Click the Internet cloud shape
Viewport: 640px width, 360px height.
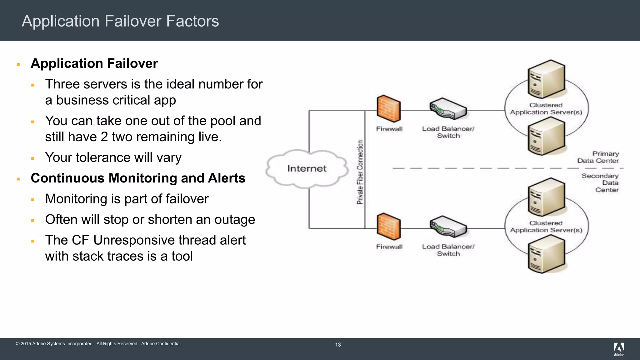307,169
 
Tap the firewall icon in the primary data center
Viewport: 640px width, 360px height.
388,108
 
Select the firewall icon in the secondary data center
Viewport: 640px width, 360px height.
388,227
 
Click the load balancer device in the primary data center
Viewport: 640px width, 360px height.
448,109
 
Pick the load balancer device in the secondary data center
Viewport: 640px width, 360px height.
448,227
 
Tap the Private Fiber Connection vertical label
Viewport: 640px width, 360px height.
360,172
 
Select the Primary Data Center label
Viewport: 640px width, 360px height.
598,157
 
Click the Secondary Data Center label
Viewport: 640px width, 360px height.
600,183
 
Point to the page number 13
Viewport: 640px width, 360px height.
338,345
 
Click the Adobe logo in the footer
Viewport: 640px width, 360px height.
619,349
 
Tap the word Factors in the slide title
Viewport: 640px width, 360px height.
192,21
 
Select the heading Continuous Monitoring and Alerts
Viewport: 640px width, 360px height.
138,178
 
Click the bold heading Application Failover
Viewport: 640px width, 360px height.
94,63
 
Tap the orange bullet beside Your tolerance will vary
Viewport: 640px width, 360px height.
33,158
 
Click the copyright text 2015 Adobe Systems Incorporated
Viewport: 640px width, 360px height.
57,344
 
